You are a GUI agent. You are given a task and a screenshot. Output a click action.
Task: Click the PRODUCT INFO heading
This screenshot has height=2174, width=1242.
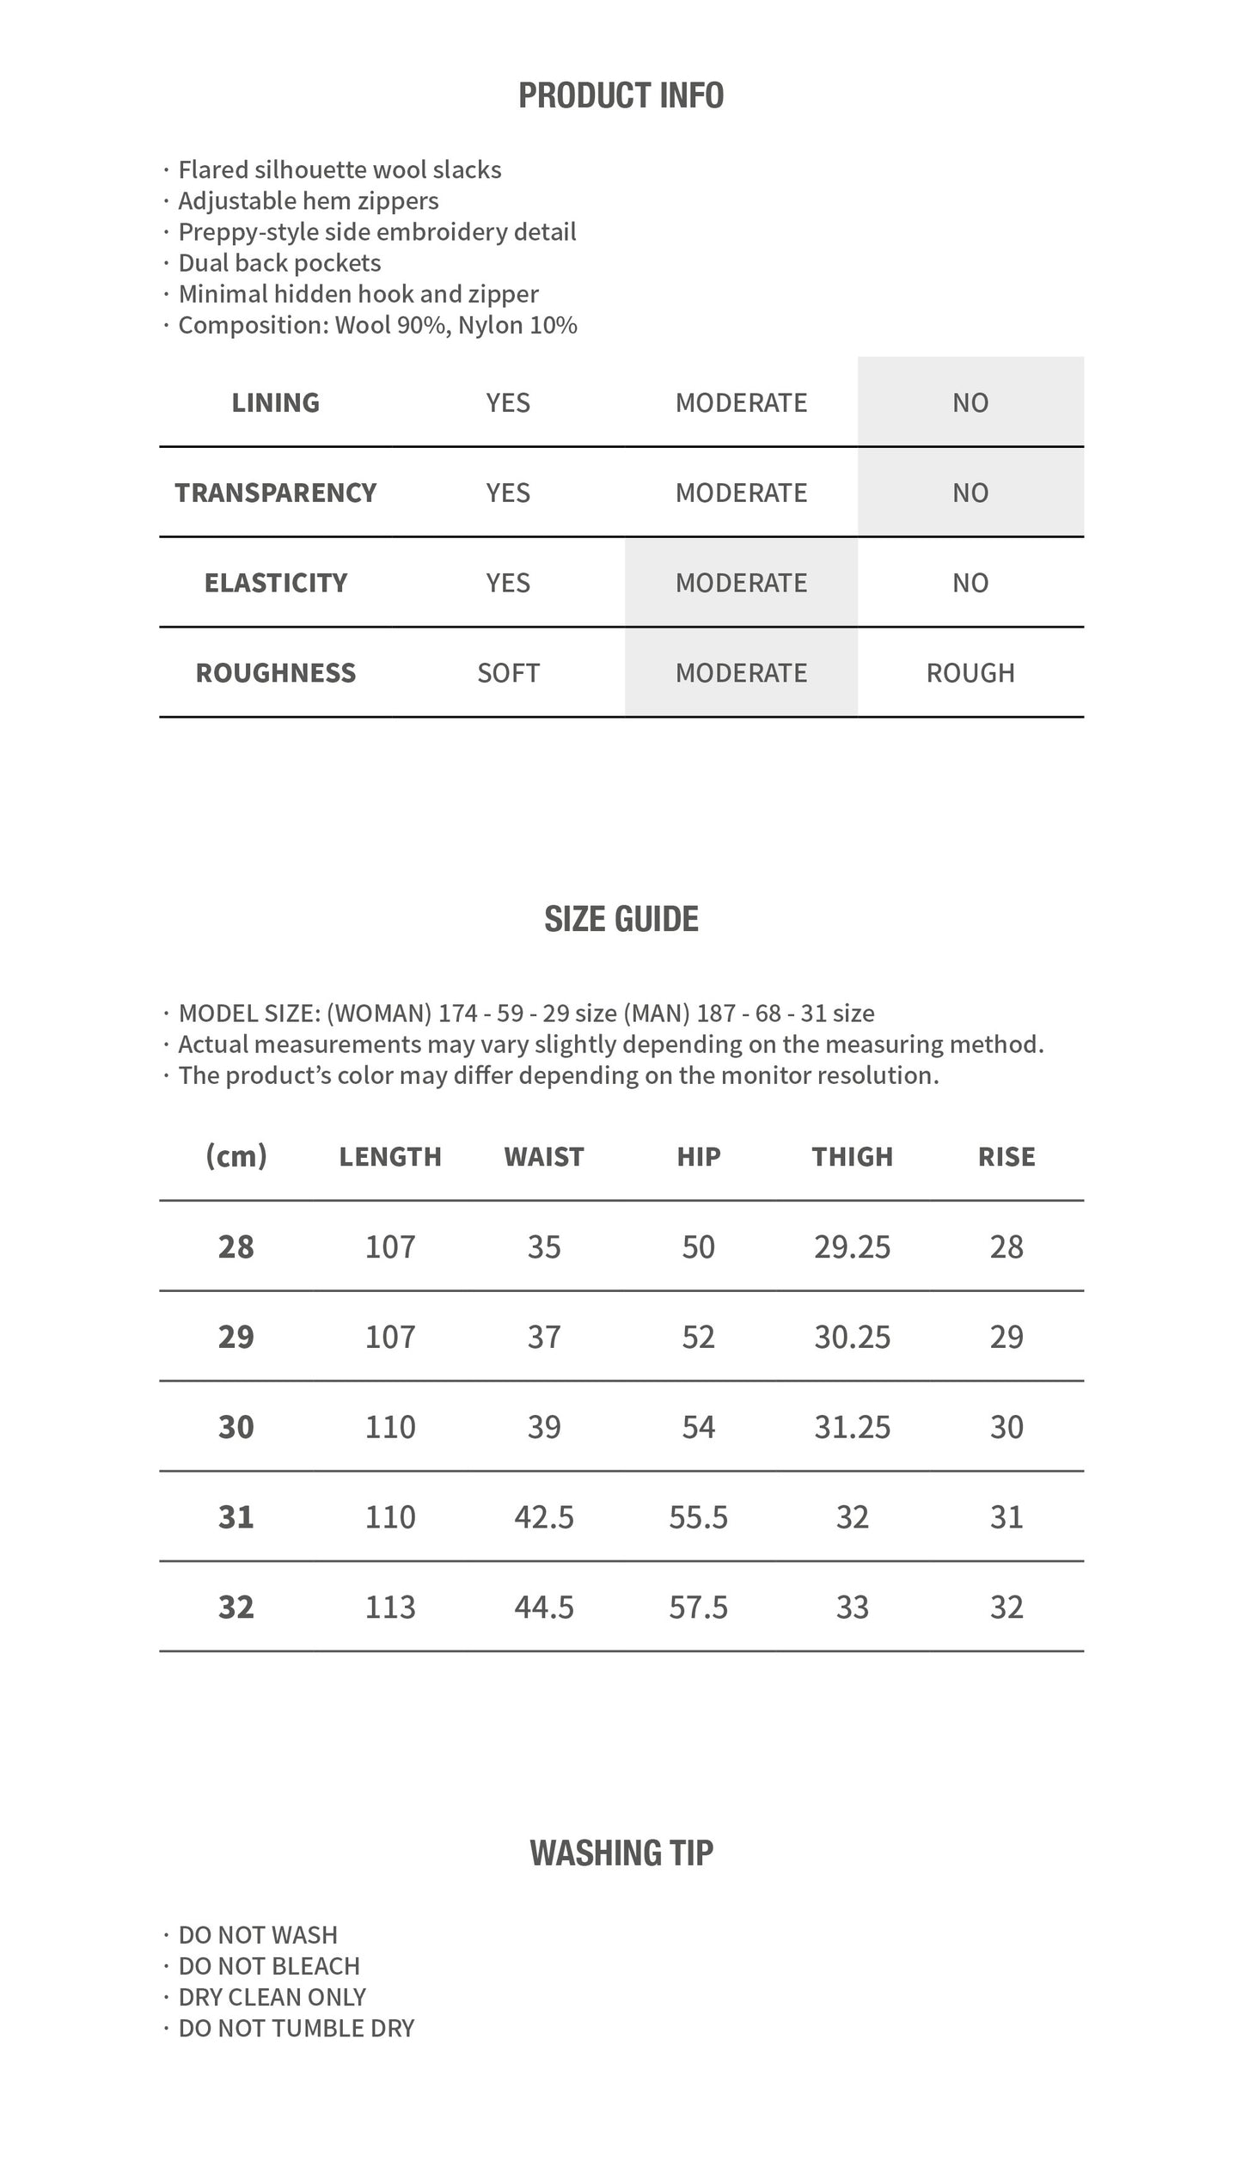click(x=621, y=95)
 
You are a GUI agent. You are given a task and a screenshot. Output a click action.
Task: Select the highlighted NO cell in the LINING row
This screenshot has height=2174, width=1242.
click(x=970, y=402)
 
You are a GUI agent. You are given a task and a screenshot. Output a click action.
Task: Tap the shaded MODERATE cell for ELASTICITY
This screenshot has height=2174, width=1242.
click(x=741, y=583)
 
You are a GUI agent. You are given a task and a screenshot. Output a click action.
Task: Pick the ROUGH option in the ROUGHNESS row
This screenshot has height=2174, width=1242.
click(x=970, y=672)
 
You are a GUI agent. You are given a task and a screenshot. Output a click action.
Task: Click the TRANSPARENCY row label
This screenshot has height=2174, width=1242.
click(x=276, y=493)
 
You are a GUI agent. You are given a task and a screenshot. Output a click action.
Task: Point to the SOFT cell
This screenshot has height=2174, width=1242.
click(x=508, y=672)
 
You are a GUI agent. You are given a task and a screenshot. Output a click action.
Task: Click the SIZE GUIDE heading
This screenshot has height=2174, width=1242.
click(x=621, y=919)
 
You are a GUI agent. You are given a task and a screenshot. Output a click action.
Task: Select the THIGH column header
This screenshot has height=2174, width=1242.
click(x=853, y=1156)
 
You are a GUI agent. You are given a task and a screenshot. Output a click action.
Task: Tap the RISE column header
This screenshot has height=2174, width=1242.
click(x=1006, y=1156)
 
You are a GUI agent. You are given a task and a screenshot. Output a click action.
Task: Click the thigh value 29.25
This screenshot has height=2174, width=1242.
click(x=853, y=1246)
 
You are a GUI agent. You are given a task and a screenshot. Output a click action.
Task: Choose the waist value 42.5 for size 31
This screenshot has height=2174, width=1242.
click(x=544, y=1516)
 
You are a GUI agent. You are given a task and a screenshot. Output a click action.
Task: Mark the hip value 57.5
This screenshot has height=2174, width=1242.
click(x=698, y=1607)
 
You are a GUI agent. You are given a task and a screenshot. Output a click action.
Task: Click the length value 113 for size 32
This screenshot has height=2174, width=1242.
click(x=390, y=1607)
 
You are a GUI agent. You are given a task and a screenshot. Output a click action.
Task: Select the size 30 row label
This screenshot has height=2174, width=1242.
click(x=236, y=1427)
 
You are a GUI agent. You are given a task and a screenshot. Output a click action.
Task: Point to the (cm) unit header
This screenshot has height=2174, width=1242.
click(x=236, y=1156)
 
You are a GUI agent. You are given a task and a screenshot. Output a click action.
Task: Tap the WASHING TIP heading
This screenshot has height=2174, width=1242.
click(x=621, y=1852)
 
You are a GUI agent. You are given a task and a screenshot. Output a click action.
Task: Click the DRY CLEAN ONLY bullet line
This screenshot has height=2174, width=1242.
click(x=272, y=1997)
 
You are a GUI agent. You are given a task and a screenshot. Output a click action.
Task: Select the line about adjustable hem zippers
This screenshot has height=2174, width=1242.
click(x=308, y=201)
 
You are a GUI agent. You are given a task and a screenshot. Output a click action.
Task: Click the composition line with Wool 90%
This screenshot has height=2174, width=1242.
click(x=377, y=325)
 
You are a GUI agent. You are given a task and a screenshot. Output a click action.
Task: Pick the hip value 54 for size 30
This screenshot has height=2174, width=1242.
click(x=698, y=1427)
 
